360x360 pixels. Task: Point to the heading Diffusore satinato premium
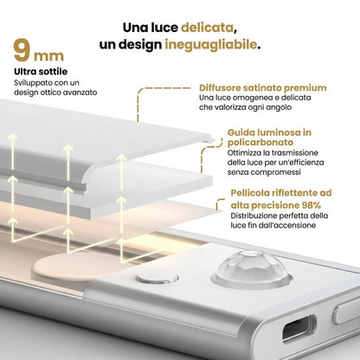[262, 88]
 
